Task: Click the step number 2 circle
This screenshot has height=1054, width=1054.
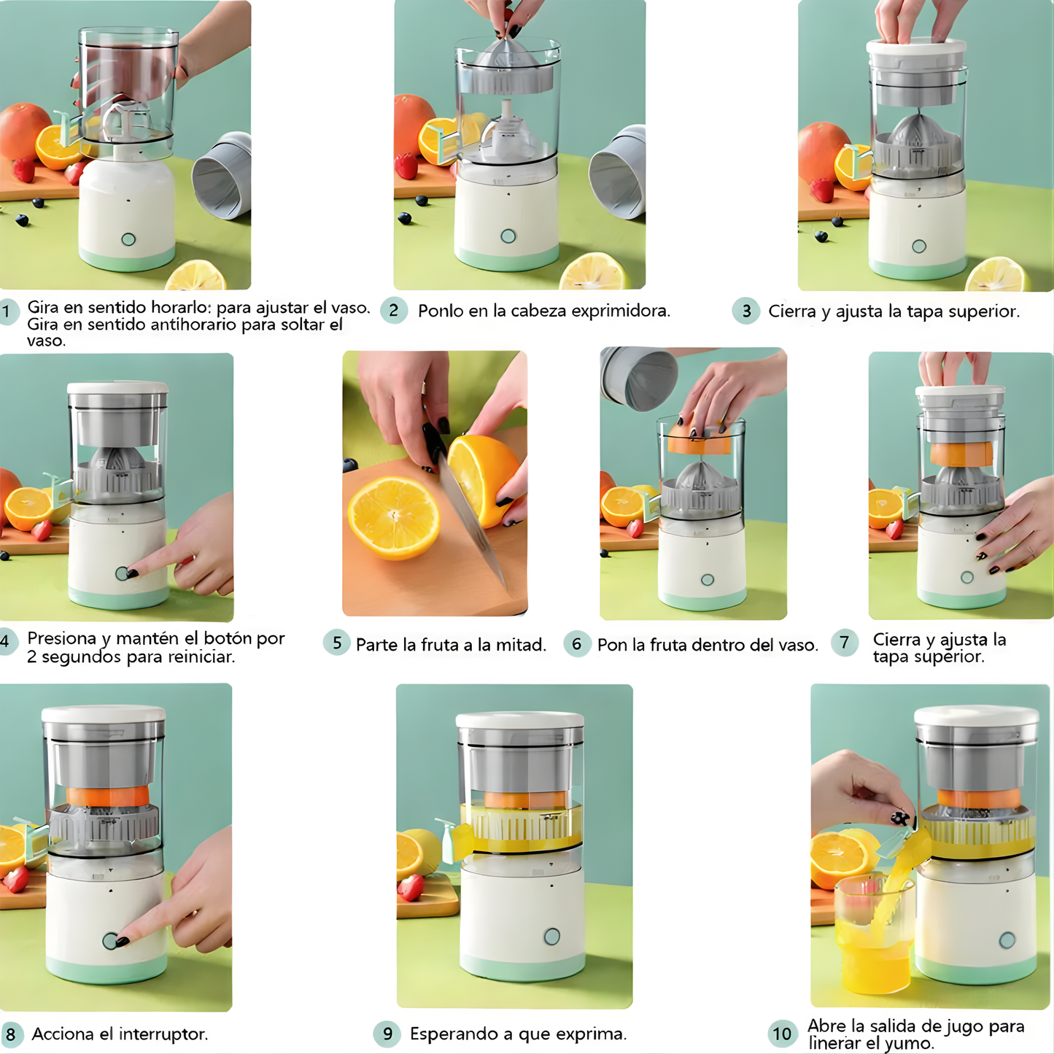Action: tap(394, 311)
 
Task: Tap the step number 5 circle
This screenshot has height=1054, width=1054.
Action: tap(336, 643)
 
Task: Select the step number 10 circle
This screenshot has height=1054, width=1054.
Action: tap(782, 1034)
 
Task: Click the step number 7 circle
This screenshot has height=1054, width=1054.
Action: tap(845, 643)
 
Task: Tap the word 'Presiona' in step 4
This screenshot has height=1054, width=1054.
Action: tap(61, 638)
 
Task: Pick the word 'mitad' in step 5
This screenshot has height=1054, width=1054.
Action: tap(519, 645)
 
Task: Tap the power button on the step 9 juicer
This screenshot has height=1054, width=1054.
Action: tap(552, 937)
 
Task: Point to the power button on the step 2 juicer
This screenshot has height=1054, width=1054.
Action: tap(508, 236)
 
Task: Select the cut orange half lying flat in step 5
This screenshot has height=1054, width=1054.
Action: tap(394, 516)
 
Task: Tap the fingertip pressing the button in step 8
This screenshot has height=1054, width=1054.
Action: tap(121, 941)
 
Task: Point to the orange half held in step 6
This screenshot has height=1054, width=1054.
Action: tap(698, 442)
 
